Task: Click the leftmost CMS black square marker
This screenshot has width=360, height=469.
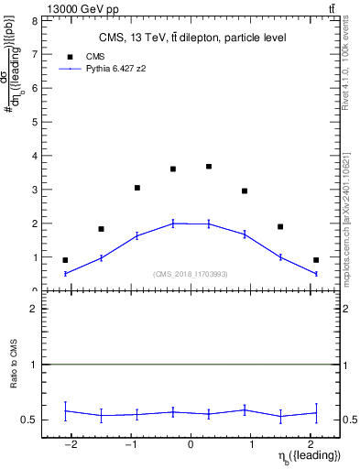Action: pos(65,260)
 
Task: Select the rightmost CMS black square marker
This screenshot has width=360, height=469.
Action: pos(316,260)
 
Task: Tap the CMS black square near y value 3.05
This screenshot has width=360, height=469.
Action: pos(137,188)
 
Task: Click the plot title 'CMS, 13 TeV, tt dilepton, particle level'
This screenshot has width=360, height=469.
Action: pos(192,38)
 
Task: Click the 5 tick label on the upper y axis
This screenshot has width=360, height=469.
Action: pos(33,122)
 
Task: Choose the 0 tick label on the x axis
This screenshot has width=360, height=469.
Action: pos(191,446)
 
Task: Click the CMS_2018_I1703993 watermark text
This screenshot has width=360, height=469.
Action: pos(191,273)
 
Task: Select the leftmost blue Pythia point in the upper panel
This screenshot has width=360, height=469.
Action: pos(65,273)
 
